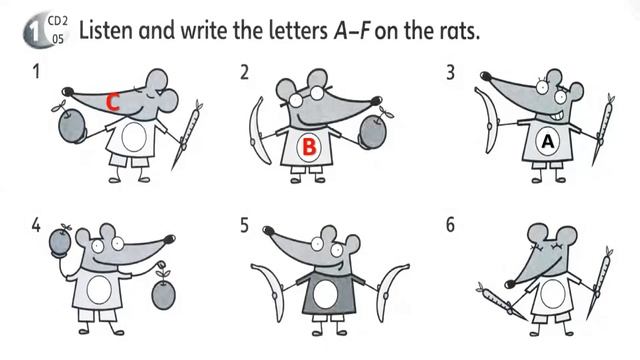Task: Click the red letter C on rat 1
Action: tap(113, 102)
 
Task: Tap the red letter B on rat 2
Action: tap(309, 147)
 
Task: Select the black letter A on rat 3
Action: tap(547, 142)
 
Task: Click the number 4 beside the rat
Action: tap(36, 225)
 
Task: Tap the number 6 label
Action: tap(450, 225)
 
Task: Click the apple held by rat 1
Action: tap(71, 124)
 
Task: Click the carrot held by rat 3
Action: tap(602, 130)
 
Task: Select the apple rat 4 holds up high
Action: tap(60, 241)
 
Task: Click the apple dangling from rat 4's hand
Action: tap(163, 291)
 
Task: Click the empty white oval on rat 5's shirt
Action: tap(325, 294)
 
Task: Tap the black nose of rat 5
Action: tap(268, 231)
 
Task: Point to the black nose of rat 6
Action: tap(510, 284)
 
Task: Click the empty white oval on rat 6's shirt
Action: tap(552, 294)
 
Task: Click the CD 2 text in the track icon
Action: tap(58, 21)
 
